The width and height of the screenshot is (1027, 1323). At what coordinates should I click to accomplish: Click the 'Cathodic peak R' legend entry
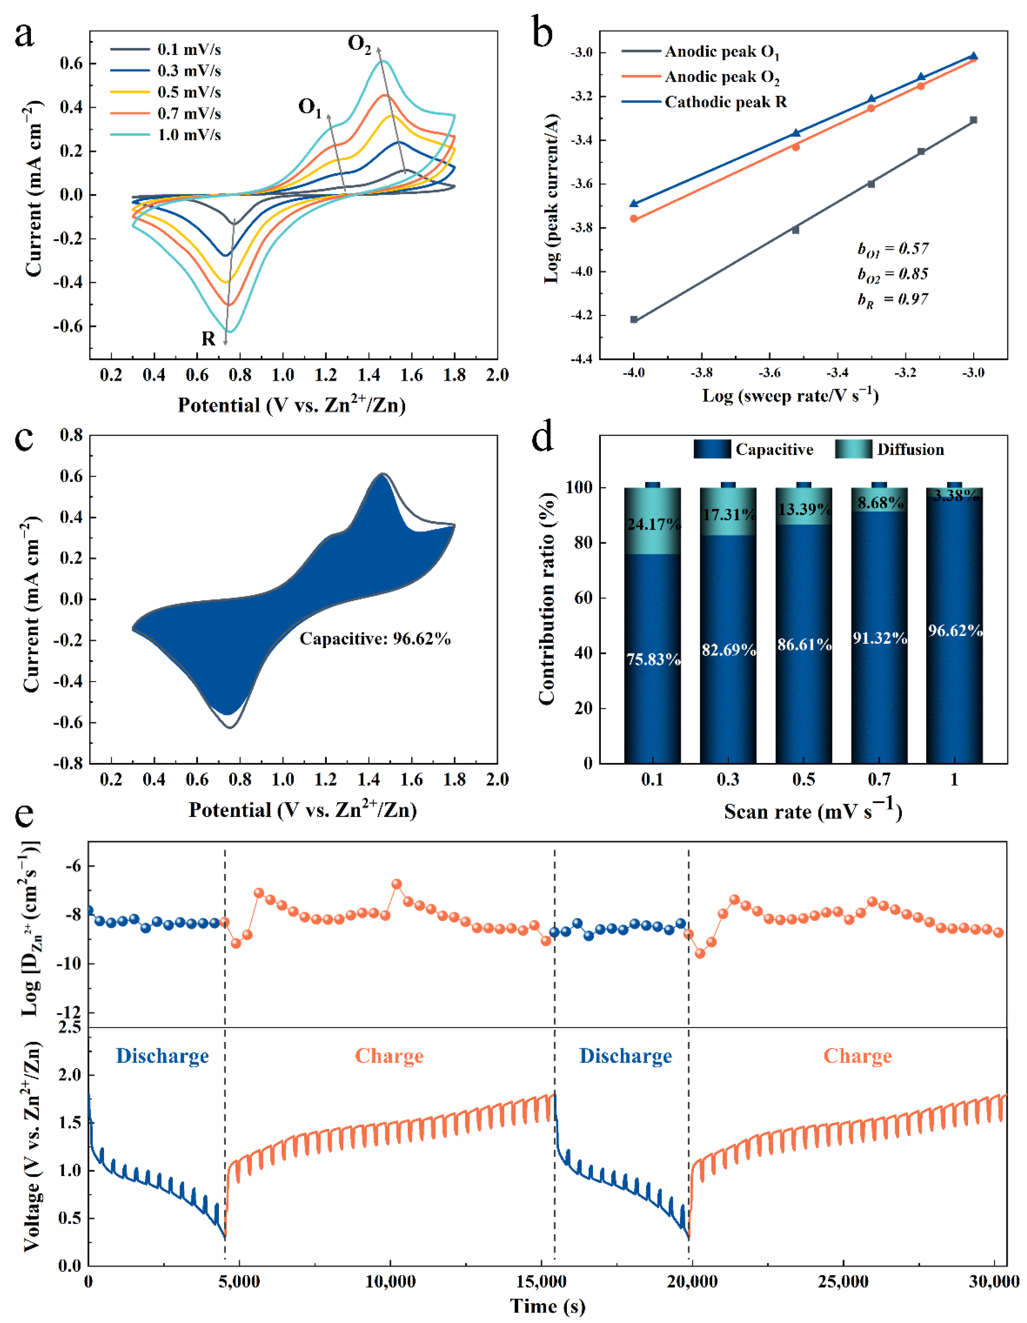point(726,102)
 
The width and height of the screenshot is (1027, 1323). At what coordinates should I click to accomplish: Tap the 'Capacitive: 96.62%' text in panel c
point(375,639)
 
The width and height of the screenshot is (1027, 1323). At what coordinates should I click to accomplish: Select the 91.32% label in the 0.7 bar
point(879,638)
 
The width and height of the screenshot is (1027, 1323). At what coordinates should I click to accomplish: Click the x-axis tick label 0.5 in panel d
point(804,779)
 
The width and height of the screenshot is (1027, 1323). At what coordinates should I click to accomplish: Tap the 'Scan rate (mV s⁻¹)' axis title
point(813,811)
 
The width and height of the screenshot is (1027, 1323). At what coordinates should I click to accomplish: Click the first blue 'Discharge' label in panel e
point(162,1056)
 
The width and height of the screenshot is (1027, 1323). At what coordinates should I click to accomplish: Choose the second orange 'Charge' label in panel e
point(857,1056)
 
